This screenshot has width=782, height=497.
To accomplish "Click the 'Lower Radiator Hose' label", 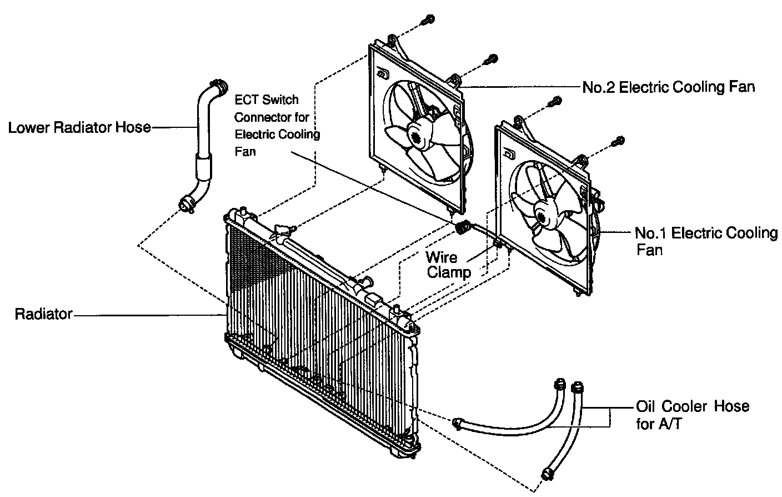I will point(79,127).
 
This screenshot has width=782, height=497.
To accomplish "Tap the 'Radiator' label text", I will point(43,314).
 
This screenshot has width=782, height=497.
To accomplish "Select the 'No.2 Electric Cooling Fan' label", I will point(669,87).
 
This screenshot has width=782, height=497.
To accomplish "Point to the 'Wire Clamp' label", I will point(448,265).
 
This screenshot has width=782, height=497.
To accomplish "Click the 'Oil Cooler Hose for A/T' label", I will point(692,415).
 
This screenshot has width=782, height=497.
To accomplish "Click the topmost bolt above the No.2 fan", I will point(428,19).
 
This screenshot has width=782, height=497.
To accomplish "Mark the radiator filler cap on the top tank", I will point(281,230).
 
